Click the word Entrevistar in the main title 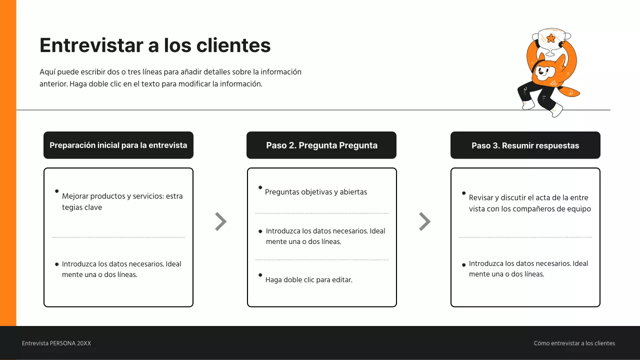coord(91,45)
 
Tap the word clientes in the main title coord(233,45)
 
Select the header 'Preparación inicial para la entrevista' coord(118,145)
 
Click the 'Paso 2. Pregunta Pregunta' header coord(321,145)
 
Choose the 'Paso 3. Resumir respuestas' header coord(525,145)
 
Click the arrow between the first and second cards coord(221,221)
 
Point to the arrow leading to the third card coord(425,221)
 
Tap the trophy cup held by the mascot coord(551,41)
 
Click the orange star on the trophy coord(550,38)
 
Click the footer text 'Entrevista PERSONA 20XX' coord(56,343)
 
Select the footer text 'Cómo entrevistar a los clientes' coord(574,343)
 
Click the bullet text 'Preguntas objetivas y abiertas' coord(316,192)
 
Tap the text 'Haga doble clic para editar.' coord(309,279)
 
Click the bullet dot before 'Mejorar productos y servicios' coord(57,191)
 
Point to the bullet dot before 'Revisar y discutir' coord(463,193)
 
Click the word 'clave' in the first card coord(93,207)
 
